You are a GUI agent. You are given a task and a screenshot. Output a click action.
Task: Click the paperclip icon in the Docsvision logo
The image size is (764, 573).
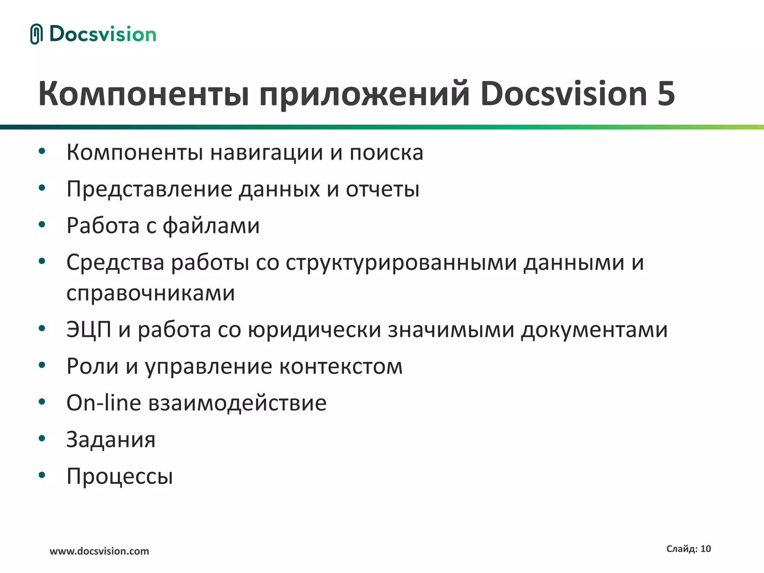36,34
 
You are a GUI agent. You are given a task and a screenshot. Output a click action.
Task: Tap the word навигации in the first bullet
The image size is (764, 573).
266,153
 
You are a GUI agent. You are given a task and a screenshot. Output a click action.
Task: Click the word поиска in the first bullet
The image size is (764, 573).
386,153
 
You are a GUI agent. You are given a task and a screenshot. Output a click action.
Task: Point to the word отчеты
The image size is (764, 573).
382,189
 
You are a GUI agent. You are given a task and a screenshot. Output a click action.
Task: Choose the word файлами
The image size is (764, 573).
211,226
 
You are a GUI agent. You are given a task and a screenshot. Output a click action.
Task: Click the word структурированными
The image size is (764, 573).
401,263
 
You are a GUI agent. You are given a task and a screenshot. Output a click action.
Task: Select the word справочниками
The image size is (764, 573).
151,293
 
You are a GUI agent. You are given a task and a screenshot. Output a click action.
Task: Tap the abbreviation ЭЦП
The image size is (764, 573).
89,330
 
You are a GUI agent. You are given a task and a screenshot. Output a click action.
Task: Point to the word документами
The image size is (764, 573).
594,330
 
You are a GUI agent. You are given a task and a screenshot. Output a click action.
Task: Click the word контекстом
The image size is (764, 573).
341,366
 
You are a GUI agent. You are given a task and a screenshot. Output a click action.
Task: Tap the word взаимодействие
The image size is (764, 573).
237,403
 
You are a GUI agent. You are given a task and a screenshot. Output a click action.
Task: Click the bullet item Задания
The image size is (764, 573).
111,439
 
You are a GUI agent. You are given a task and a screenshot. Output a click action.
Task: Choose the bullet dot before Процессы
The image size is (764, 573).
42,475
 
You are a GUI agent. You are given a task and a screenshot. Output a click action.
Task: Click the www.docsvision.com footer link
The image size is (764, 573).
99,551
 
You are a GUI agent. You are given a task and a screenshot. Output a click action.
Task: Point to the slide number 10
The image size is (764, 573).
705,549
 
